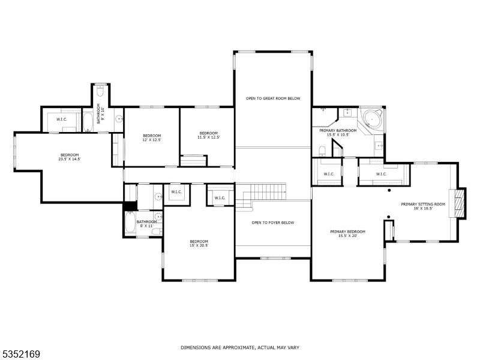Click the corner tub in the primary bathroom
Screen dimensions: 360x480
[x=371, y=118]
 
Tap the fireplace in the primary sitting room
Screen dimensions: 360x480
[x=459, y=203]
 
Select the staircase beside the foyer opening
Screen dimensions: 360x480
[x=262, y=193]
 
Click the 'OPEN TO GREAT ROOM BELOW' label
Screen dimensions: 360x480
[x=272, y=98]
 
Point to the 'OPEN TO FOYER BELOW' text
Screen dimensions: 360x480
[x=272, y=223]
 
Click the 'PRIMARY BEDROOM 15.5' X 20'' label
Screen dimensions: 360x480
[x=347, y=233]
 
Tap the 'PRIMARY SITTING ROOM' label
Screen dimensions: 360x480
[x=423, y=206]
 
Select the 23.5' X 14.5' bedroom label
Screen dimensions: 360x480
[x=69, y=157]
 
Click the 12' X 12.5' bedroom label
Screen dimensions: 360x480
[x=152, y=137]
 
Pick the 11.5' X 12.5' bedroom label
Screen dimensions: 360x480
[x=209, y=135]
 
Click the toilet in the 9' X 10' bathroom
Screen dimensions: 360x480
[x=100, y=92]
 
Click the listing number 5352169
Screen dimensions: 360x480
[x=21, y=355]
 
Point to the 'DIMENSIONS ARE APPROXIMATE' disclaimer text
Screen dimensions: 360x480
[x=240, y=347]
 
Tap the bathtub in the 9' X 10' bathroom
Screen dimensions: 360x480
[x=88, y=120]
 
